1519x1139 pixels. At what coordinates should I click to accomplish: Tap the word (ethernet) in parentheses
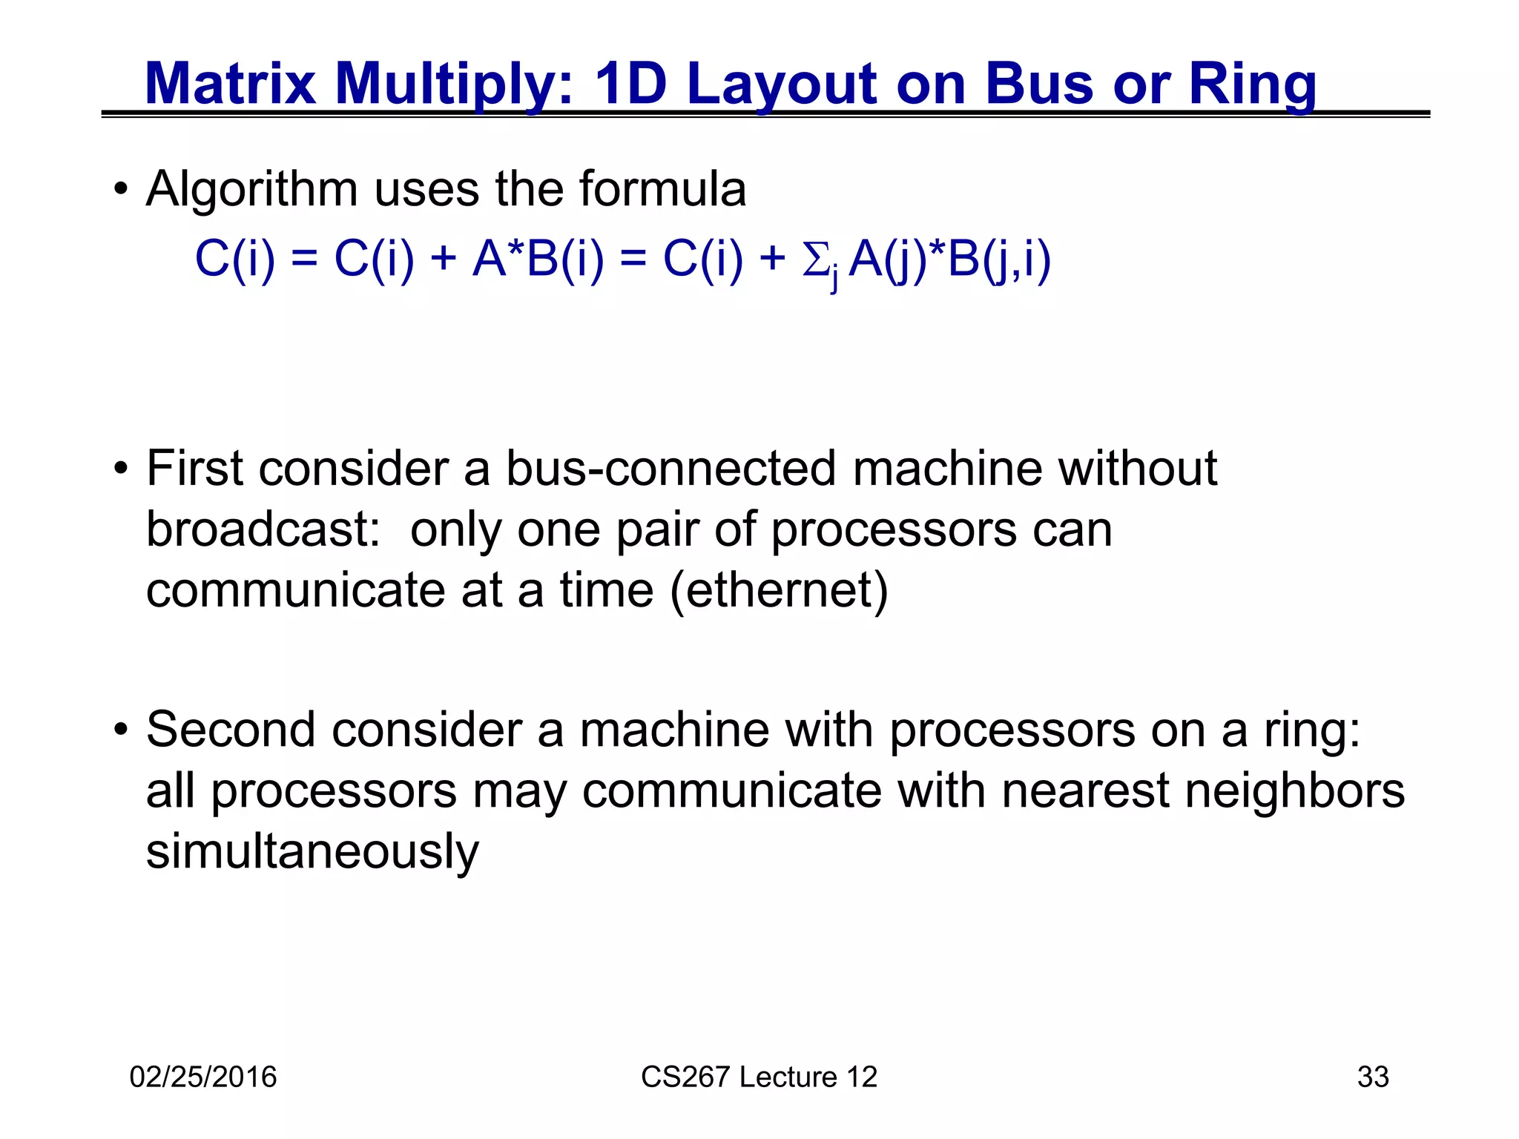(x=779, y=590)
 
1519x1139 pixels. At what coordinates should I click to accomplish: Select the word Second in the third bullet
(x=231, y=730)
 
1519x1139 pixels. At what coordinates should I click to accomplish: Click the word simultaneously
(x=312, y=851)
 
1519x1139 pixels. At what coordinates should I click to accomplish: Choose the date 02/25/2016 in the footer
(x=202, y=1077)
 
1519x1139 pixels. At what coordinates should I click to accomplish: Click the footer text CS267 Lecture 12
(x=759, y=1077)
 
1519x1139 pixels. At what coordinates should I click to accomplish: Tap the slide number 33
(x=1372, y=1077)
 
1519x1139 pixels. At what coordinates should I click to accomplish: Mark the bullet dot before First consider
(x=121, y=469)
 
